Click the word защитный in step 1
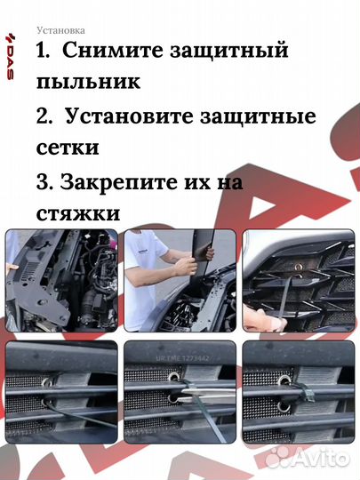(229, 52)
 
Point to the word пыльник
(89, 83)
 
